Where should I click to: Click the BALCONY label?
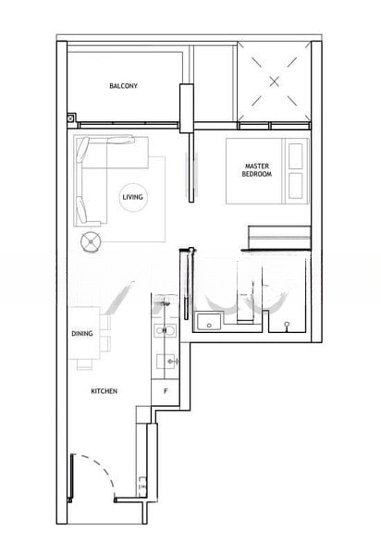(123, 86)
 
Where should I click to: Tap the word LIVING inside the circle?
(132, 197)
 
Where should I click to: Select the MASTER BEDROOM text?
(257, 170)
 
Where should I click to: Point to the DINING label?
(82, 333)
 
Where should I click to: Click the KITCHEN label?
(104, 391)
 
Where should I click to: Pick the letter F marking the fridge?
(166, 391)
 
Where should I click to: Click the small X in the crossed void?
(274, 81)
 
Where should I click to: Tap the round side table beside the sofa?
(91, 241)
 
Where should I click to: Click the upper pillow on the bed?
(296, 156)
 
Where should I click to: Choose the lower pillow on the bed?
(296, 186)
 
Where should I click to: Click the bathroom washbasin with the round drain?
(209, 320)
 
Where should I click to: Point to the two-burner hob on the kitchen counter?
(165, 330)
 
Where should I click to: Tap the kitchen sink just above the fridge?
(167, 361)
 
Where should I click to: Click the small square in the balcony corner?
(71, 118)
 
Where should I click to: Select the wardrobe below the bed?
(279, 237)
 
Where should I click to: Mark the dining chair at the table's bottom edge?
(84, 364)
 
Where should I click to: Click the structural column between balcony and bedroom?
(187, 108)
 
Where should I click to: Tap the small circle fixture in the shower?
(287, 324)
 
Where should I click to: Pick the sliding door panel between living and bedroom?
(191, 167)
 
